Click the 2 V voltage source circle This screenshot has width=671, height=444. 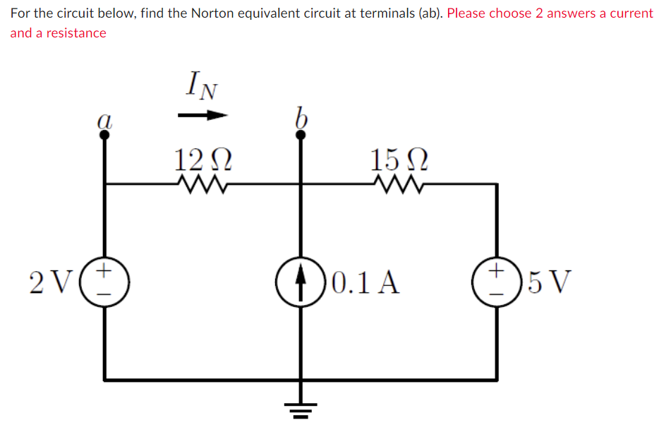105,280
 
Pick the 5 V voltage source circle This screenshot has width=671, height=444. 497,280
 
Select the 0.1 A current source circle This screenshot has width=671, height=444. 302,280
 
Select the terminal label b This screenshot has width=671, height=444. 301,117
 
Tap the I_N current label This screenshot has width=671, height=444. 202,85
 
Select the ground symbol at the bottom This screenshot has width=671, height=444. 302,407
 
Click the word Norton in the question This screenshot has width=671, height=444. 211,13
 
